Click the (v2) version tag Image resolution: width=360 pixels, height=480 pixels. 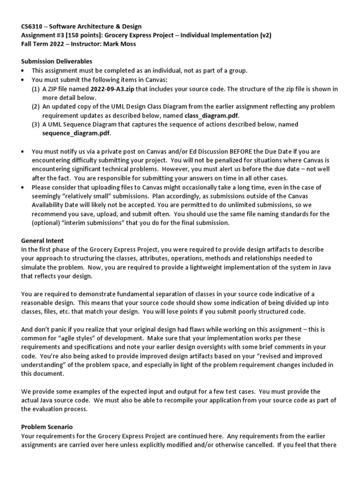click(264, 35)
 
